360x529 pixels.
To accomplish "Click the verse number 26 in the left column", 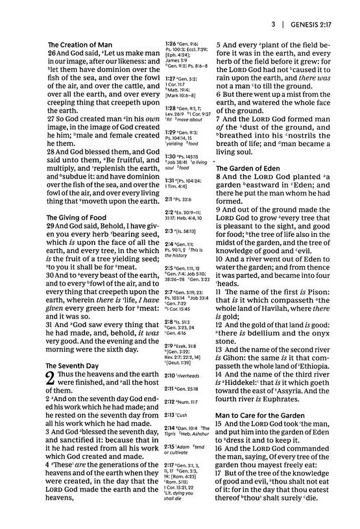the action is coord(53,55).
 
